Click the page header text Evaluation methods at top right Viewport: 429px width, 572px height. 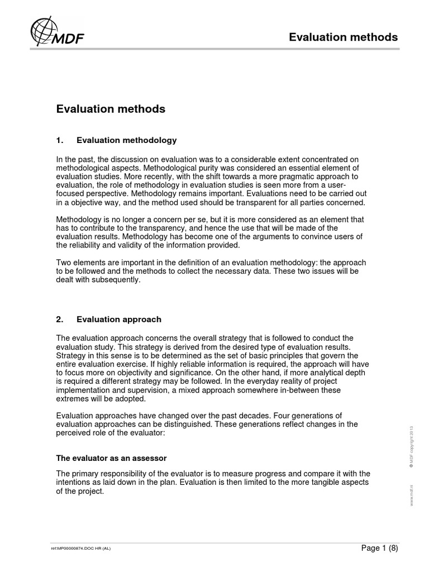(x=343, y=37)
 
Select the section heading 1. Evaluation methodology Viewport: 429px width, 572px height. (x=117, y=140)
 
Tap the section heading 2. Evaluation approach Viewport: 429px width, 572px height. (x=109, y=320)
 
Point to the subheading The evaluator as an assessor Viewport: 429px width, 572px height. (x=112, y=458)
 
